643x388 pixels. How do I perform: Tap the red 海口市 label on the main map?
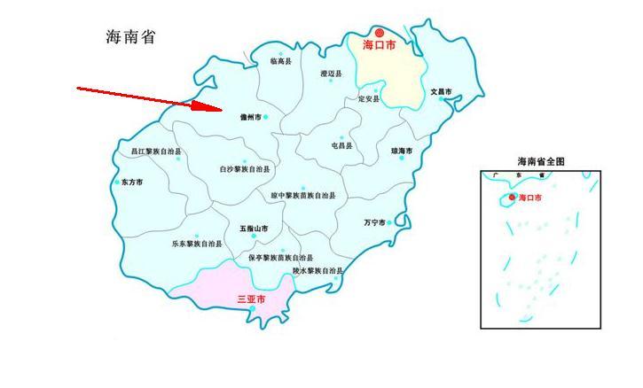coord(379,44)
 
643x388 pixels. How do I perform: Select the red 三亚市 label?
coord(251,299)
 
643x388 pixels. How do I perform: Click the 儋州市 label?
coord(251,117)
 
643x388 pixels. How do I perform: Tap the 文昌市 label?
coord(441,91)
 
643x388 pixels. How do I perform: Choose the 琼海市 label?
coord(402,151)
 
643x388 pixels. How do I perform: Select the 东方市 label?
coord(131,182)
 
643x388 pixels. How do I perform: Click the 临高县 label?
coord(280,62)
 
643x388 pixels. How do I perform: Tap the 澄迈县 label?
coord(331,73)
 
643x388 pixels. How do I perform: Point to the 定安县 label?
coord(368,99)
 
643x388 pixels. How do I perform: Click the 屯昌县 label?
coord(341,145)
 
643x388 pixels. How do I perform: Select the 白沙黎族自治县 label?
coord(245,168)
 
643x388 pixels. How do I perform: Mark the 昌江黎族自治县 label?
coord(155,151)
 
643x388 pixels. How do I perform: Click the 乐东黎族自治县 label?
coord(196,243)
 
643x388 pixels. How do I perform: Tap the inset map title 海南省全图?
coord(541,161)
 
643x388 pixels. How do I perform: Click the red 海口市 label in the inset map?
coord(529,198)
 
